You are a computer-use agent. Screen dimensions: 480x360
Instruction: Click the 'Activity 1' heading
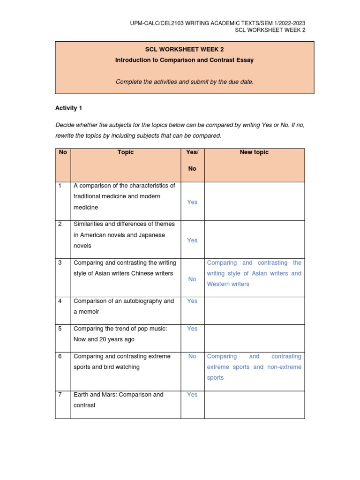[x=68, y=108]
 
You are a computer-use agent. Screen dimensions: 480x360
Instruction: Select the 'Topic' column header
[x=126, y=152]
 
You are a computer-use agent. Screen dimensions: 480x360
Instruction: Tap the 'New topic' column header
[x=254, y=152]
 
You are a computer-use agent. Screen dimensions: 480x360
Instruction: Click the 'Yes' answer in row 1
[x=192, y=202]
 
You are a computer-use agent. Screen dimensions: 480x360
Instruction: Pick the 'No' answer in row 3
[x=192, y=279]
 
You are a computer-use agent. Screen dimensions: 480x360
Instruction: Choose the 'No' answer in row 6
[x=192, y=356]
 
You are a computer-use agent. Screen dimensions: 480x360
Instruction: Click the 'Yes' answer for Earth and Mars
[x=192, y=395]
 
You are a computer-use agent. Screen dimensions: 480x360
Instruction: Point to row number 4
[x=60, y=301]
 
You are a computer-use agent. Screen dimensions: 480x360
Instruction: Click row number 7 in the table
[x=60, y=395]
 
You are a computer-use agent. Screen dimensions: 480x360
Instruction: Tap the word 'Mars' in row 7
[x=104, y=395]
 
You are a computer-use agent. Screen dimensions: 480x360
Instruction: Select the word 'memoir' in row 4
[x=89, y=312]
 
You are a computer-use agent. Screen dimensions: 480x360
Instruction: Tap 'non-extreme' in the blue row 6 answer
[x=284, y=367]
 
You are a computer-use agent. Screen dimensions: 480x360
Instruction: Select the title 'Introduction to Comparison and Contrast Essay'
[x=185, y=60]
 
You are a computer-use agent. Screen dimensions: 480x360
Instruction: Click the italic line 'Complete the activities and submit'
[x=185, y=82]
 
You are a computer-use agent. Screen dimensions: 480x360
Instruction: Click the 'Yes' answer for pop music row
[x=192, y=329]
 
